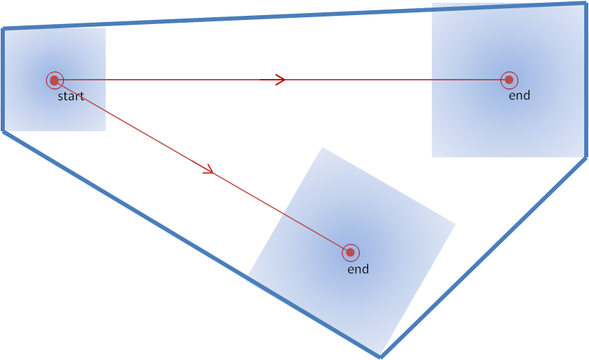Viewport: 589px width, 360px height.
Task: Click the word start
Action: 71,96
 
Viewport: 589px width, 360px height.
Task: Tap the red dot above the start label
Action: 54,80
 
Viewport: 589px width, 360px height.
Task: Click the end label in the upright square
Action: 520,95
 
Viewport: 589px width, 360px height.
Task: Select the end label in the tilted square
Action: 358,269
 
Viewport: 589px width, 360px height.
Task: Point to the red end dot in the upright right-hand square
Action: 509,80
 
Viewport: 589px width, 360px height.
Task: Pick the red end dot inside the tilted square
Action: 350,253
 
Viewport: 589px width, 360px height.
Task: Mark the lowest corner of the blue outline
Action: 380,356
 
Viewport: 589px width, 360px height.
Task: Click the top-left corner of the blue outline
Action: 4,29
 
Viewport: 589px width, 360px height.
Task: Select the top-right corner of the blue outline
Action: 585,4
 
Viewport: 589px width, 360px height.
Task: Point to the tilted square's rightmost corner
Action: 456,223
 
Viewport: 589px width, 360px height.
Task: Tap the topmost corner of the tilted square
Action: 323,147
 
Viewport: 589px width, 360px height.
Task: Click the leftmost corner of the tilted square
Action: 246,278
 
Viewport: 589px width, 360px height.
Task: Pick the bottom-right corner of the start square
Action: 105,131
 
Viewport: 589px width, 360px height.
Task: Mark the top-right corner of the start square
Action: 105,28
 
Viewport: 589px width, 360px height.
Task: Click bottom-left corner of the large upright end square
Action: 432,157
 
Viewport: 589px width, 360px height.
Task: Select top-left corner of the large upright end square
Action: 432,4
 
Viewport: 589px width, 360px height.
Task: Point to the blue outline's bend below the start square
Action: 4,131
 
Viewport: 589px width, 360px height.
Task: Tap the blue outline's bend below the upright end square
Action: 585,158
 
